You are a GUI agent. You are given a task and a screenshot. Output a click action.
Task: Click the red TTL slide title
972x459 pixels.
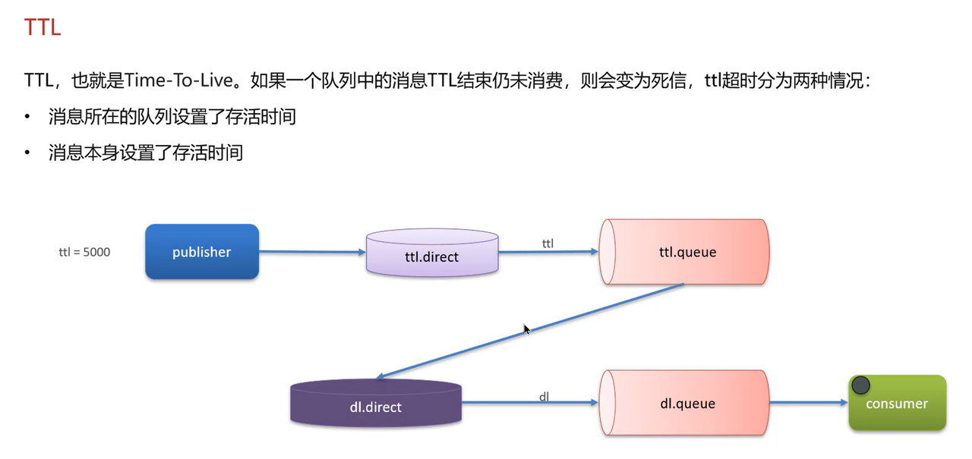pyautogui.click(x=42, y=28)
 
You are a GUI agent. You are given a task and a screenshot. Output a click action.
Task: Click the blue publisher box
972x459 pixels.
pyautogui.click(x=202, y=252)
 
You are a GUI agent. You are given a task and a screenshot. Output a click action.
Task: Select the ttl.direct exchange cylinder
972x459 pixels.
pyautogui.click(x=432, y=253)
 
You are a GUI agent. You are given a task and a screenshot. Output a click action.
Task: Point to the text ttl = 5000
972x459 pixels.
pyautogui.click(x=84, y=252)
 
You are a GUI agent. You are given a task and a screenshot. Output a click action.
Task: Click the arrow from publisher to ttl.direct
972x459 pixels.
pyautogui.click(x=312, y=253)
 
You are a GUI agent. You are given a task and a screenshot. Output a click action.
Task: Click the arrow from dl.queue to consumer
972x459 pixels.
pyautogui.click(x=808, y=404)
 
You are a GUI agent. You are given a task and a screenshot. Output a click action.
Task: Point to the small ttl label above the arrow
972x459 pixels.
pyautogui.click(x=548, y=243)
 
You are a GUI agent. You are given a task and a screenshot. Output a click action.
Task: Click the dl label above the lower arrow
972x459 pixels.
pyautogui.click(x=544, y=396)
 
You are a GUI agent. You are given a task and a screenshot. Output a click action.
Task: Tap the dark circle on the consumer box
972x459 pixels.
pyautogui.click(x=860, y=385)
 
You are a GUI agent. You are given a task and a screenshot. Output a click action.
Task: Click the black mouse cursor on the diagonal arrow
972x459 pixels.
pyautogui.click(x=526, y=329)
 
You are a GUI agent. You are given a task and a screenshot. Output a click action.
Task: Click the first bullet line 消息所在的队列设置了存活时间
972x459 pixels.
pyautogui.click(x=172, y=117)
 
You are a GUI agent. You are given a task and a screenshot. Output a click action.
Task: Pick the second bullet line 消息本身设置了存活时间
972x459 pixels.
pyautogui.click(x=145, y=152)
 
